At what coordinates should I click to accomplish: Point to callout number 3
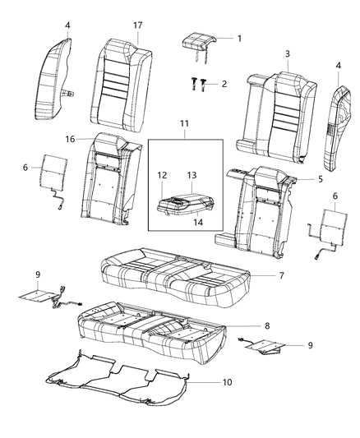coord(287,54)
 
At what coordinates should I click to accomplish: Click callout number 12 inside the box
coord(162,174)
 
